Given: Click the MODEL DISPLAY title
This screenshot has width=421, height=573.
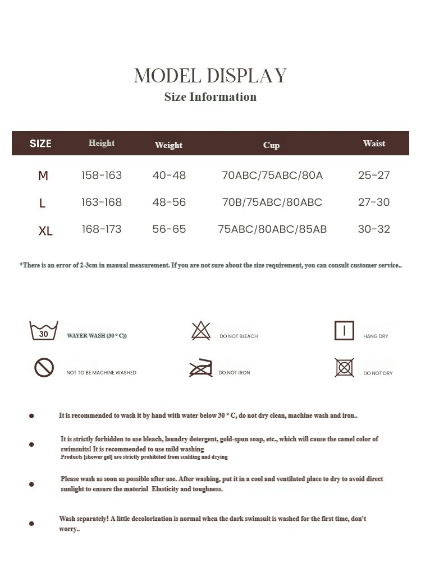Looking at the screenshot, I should coord(210,76).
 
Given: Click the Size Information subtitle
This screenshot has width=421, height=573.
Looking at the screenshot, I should coord(210,97).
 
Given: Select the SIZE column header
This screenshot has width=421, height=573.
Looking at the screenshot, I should coord(40,144).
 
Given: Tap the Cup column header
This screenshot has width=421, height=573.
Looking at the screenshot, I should coord(271,145).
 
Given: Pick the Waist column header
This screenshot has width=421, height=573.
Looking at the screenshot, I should coord(374,144).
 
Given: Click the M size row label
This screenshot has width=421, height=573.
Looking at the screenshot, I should coord(43,176).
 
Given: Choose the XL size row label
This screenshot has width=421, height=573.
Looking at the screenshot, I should coord(45,230).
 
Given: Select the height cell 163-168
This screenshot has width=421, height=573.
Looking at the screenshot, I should coord(102,202).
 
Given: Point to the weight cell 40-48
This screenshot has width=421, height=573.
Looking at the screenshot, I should coord(169,175).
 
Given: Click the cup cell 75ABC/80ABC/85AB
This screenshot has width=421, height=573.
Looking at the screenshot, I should coord(272,229).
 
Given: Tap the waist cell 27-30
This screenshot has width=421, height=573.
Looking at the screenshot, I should coord(374,202).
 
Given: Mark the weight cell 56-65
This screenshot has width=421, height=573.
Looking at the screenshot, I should coord(169,229).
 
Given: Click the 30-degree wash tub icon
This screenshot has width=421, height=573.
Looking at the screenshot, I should coord(44,331).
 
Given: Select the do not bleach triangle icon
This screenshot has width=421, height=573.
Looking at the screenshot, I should coord(200,331).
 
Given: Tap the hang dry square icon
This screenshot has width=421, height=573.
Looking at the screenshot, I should coord(344,330).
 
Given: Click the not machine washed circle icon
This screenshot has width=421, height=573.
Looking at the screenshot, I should coord(44,368).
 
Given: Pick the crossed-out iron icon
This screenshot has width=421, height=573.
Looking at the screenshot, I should coord(200,368).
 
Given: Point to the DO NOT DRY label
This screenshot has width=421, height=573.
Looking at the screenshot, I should coord(378,373).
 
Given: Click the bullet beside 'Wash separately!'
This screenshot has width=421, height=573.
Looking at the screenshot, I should coord(31,524).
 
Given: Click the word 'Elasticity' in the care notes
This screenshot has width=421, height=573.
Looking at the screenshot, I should coord(164,489).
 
